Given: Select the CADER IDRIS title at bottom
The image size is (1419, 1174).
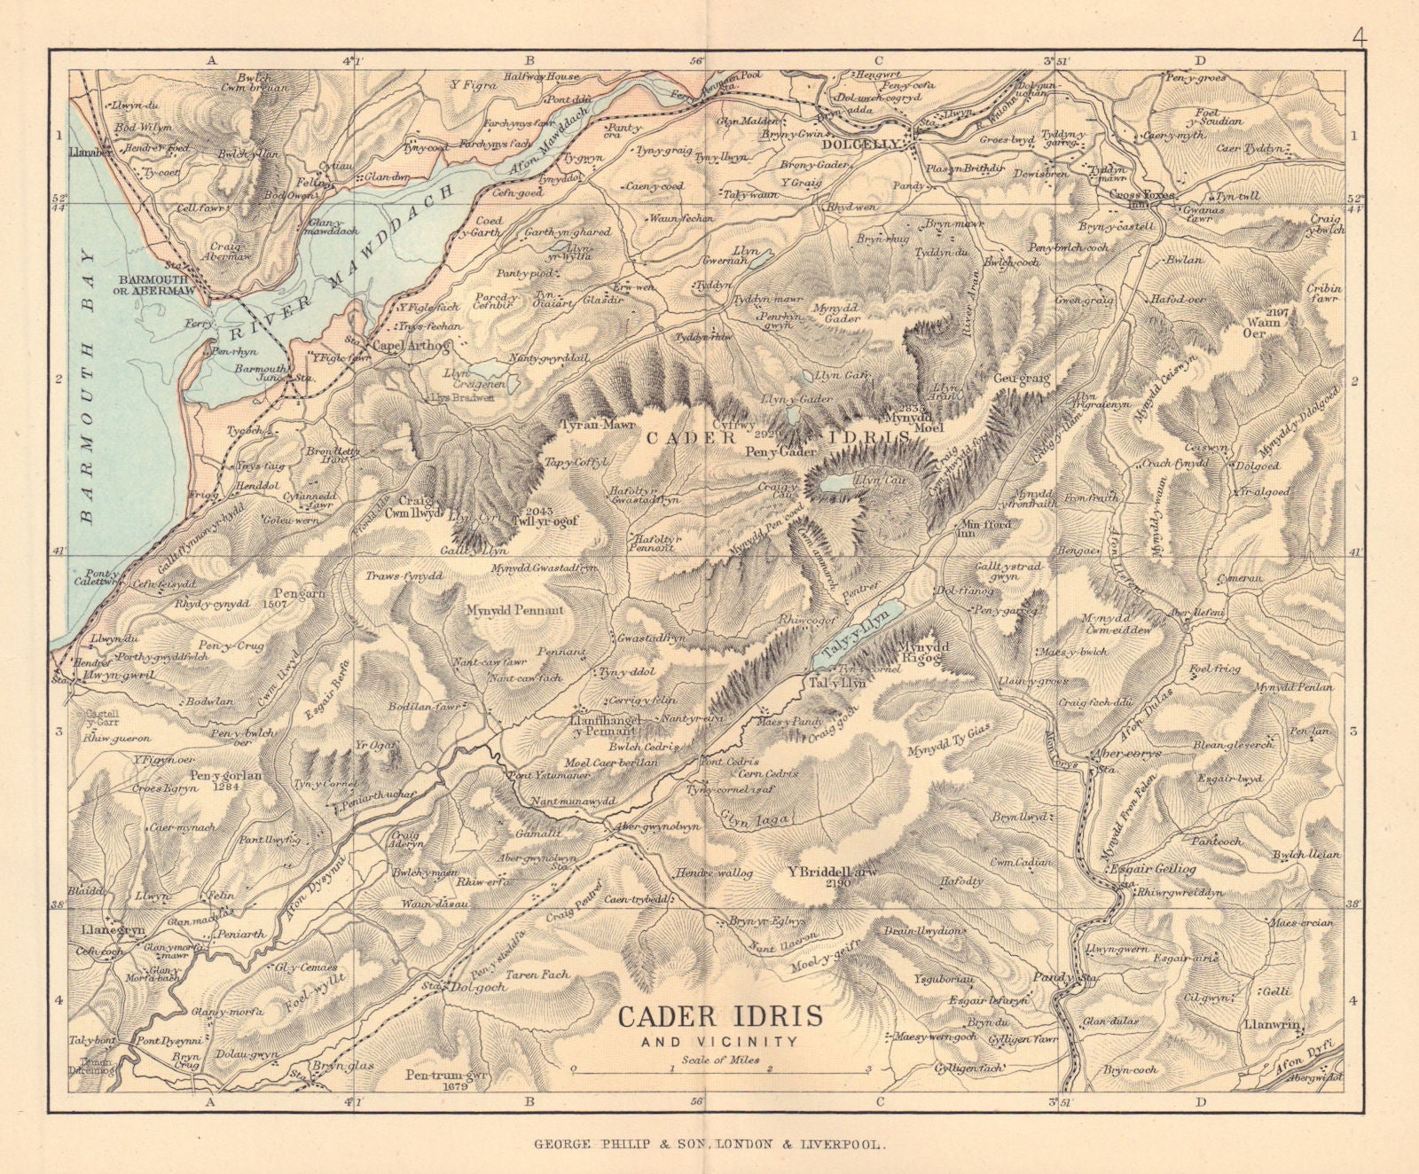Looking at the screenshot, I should click(719, 1015).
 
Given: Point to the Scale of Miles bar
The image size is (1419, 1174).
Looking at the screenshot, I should click(721, 1071).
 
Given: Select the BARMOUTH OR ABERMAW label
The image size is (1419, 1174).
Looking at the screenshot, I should click(159, 283).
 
